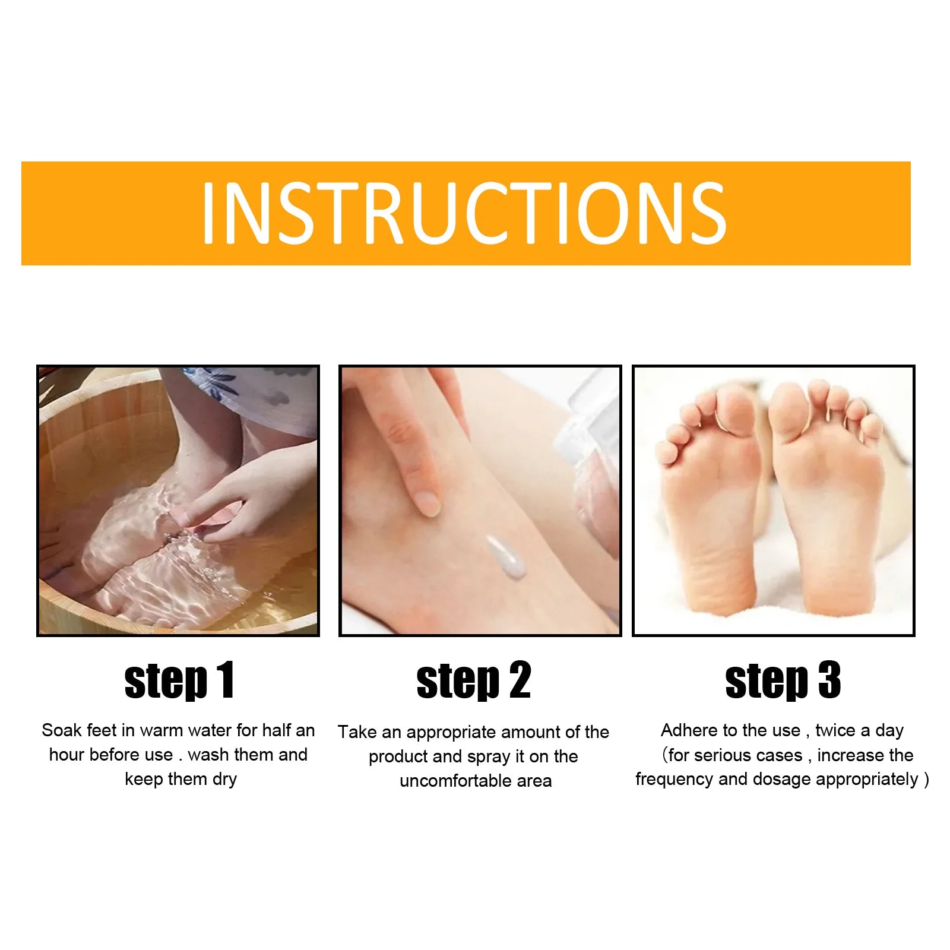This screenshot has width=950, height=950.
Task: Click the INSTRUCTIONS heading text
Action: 464,213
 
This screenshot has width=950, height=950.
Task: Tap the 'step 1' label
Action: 179,680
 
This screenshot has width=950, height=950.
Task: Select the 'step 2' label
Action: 473,680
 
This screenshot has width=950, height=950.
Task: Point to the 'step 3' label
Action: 783,680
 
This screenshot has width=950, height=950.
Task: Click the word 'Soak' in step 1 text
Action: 61,730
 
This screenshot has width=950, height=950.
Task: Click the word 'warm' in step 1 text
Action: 162,730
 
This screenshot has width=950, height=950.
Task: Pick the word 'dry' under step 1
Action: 224,779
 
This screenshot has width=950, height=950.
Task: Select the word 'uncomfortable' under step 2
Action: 455,781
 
